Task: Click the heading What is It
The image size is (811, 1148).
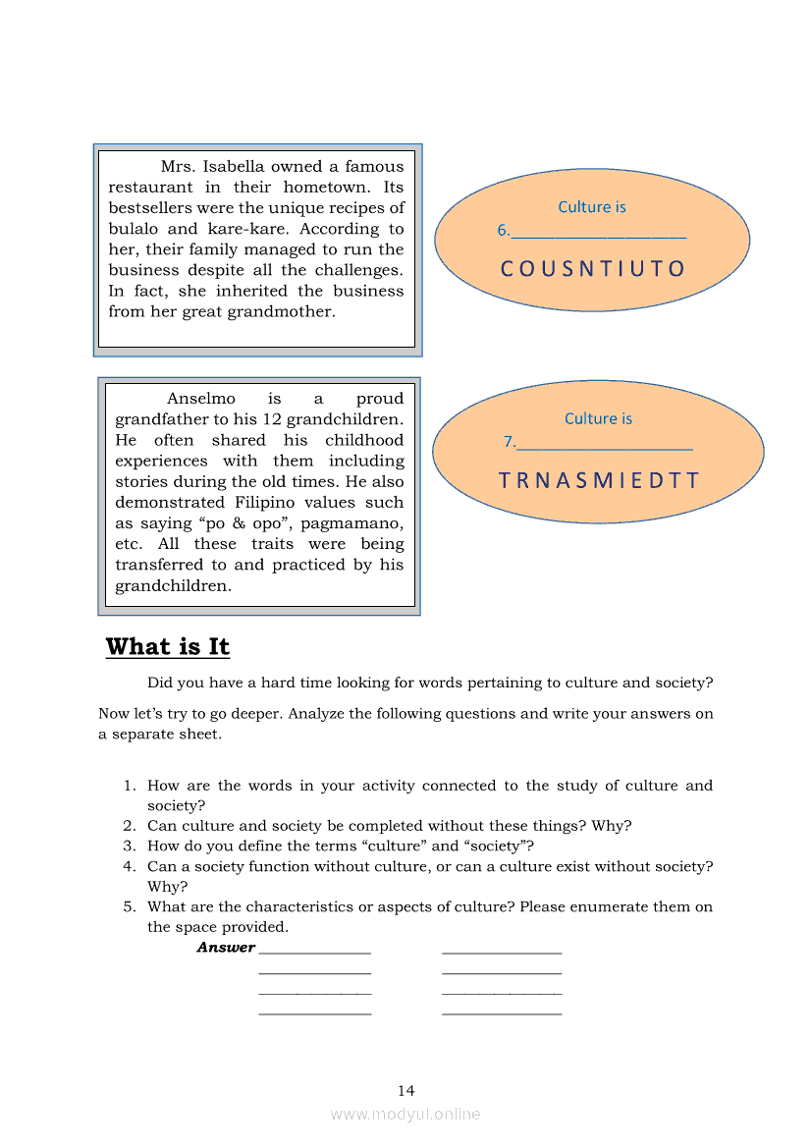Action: coord(167,647)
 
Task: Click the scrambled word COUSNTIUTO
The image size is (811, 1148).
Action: coord(592,269)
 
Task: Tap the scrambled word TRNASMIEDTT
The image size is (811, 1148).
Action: coord(599,481)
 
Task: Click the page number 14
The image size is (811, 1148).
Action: coord(405,1091)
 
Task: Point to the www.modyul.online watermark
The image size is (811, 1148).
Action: coord(405,1115)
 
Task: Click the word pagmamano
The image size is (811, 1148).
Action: coord(354,523)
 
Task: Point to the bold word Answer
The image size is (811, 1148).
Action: coord(226,948)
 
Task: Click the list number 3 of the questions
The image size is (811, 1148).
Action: coord(129,847)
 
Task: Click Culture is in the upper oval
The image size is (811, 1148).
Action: coord(591,207)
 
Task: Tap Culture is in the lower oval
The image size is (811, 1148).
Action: coord(598,419)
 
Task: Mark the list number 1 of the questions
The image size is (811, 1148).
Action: coord(129,786)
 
